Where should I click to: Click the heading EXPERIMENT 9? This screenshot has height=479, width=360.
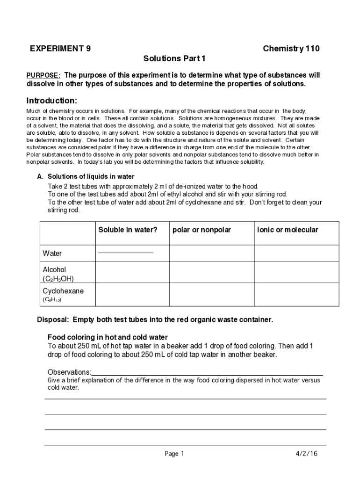(x=60, y=49)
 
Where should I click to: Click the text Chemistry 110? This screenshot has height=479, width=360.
(x=291, y=49)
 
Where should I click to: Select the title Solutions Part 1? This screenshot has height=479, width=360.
(x=174, y=59)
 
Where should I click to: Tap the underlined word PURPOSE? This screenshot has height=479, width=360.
(x=43, y=75)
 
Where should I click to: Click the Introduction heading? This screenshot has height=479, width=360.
(x=51, y=101)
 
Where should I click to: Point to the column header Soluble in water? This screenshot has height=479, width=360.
(x=128, y=230)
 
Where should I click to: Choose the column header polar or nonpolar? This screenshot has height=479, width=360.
(x=202, y=230)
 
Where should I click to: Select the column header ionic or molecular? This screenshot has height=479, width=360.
(x=288, y=230)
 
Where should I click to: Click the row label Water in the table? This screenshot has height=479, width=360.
(x=52, y=254)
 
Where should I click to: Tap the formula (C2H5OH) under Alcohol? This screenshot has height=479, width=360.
(x=58, y=279)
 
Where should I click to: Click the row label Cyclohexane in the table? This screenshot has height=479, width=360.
(x=63, y=291)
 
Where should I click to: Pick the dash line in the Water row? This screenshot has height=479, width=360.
(x=126, y=253)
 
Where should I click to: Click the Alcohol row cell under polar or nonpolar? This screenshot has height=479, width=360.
(x=211, y=274)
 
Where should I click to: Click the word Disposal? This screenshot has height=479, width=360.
(x=53, y=320)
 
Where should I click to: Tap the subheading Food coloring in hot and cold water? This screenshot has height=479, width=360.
(x=108, y=337)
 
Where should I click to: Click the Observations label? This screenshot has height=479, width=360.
(x=70, y=372)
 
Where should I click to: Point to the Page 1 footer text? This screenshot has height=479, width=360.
(x=175, y=454)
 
